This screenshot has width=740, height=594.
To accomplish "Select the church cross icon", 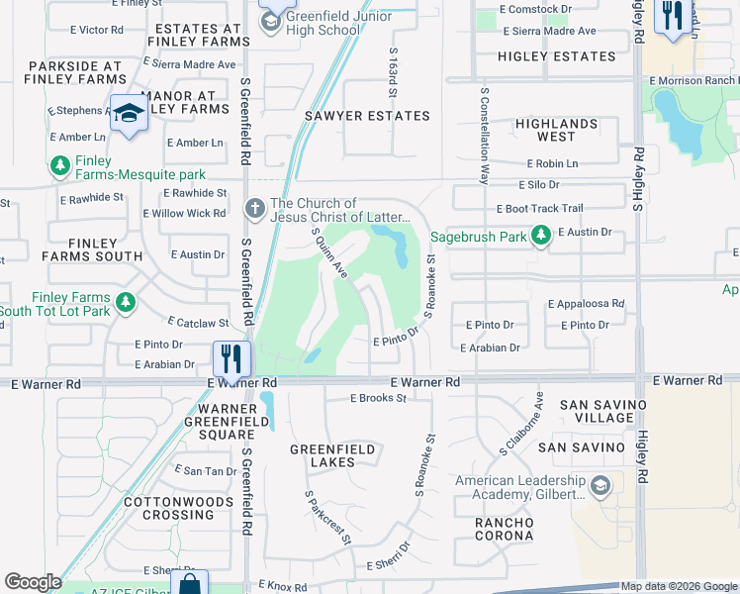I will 254,209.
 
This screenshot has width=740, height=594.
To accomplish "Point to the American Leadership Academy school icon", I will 601,487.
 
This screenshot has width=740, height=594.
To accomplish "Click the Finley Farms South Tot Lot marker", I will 126,303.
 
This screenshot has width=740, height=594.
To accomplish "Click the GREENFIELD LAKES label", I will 332,455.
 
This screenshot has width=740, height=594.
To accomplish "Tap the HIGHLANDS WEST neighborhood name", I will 557,130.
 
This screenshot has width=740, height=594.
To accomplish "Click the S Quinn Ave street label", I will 330,253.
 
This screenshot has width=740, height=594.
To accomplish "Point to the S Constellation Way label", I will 485,137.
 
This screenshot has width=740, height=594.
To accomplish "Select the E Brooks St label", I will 379,398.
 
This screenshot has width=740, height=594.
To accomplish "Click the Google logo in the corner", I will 33,582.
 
